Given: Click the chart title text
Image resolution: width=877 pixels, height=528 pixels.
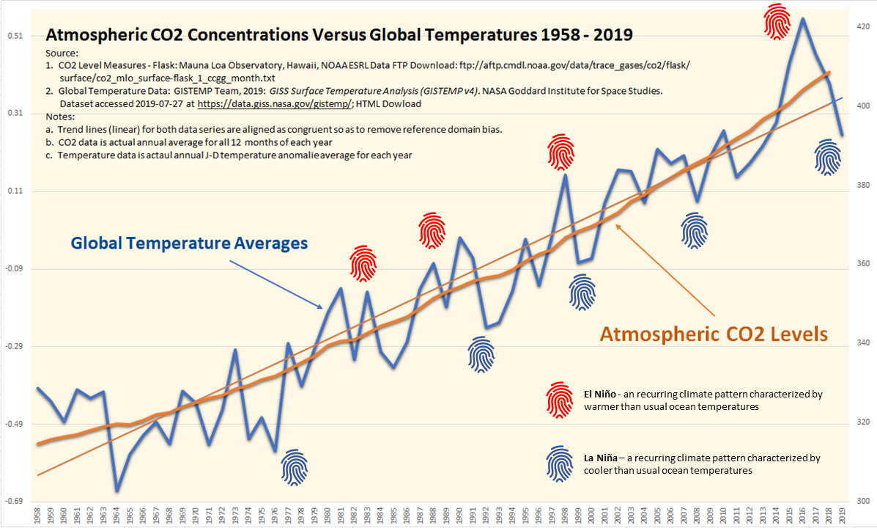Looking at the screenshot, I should [339, 34].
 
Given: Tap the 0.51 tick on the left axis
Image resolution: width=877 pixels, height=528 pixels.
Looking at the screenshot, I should [14, 36].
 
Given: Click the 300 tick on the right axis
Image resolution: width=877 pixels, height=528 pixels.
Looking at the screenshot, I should [862, 502].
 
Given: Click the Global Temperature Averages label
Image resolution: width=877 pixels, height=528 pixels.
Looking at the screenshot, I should [189, 243].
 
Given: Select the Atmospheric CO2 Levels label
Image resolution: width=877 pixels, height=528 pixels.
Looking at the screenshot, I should [713, 334].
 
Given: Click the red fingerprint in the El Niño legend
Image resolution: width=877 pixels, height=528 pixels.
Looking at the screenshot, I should [560, 399].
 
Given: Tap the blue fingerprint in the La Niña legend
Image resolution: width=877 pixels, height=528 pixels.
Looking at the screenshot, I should [560, 463].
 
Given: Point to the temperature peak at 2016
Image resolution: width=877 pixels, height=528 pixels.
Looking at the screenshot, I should [803, 19].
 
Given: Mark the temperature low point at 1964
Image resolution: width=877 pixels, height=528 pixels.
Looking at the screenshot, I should [117, 491].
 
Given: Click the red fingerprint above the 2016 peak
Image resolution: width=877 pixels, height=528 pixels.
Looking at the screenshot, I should [777, 21].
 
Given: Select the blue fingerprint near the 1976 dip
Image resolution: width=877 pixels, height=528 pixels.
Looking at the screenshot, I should [295, 467].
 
